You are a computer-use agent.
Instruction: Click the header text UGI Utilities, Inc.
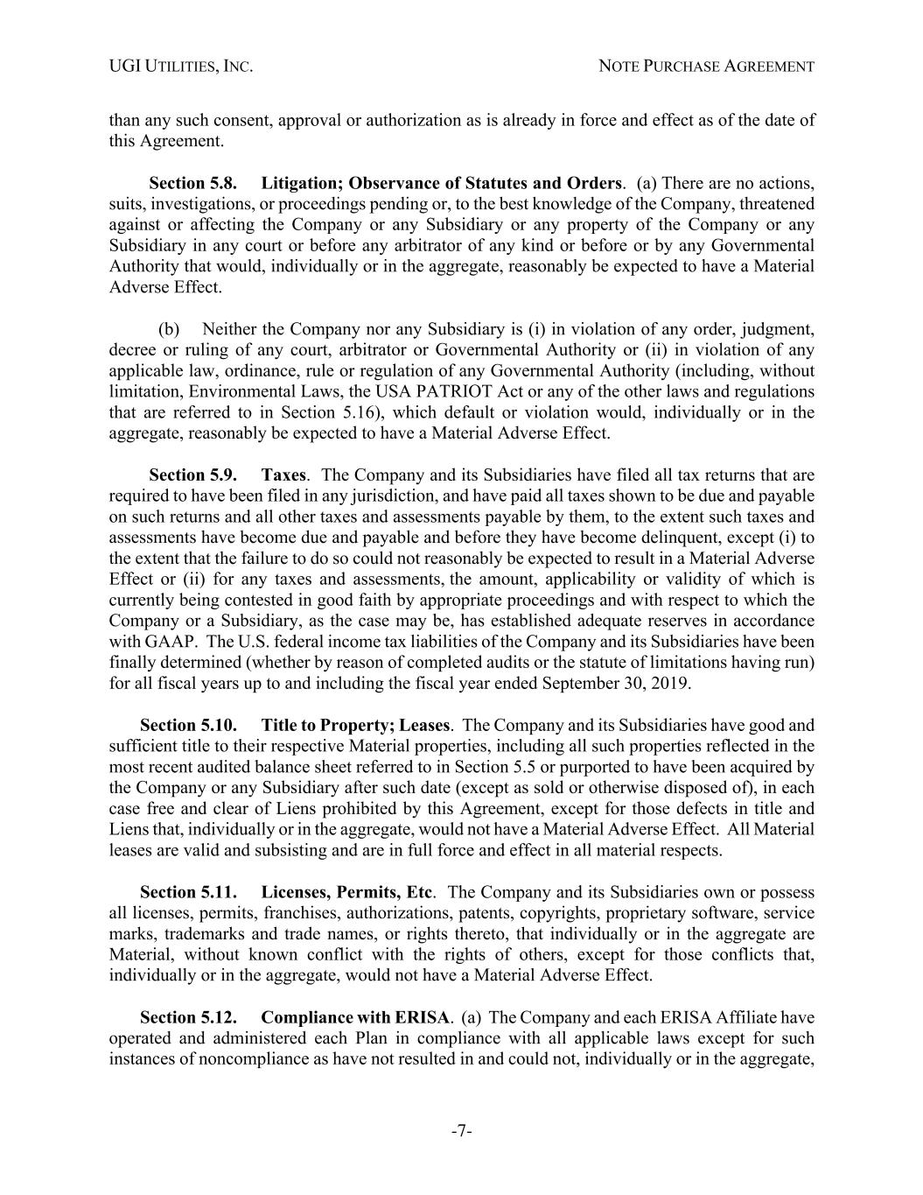[181, 66]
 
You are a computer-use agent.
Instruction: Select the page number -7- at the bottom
[462, 1131]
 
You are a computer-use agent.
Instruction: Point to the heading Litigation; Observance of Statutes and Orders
[442, 183]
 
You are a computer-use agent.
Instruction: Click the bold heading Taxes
[283, 475]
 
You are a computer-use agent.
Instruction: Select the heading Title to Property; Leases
[355, 725]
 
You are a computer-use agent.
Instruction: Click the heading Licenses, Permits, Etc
[346, 892]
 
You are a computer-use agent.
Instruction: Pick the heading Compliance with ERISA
[355, 1017]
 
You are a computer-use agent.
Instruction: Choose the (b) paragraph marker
[169, 330]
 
